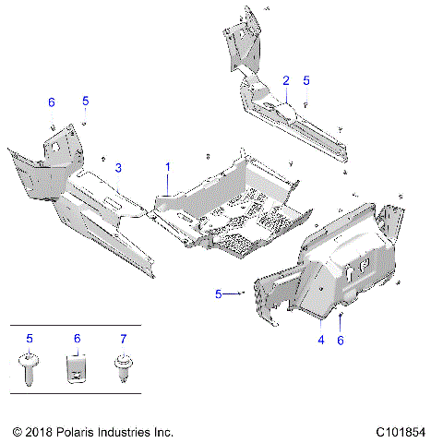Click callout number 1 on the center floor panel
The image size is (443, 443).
(168, 167)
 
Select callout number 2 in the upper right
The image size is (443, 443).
(286, 80)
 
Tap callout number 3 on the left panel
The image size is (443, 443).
(118, 167)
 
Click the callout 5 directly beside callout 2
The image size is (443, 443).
(306, 80)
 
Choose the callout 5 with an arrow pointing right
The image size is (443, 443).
(219, 293)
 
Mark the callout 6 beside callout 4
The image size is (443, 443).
(341, 341)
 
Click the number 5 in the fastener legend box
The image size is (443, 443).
(30, 339)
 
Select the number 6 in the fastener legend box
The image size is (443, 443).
(77, 339)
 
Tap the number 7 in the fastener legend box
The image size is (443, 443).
(119, 339)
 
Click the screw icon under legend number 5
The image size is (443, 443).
(30, 371)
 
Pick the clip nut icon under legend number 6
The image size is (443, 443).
(77, 371)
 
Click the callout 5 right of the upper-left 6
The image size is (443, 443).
(85, 100)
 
